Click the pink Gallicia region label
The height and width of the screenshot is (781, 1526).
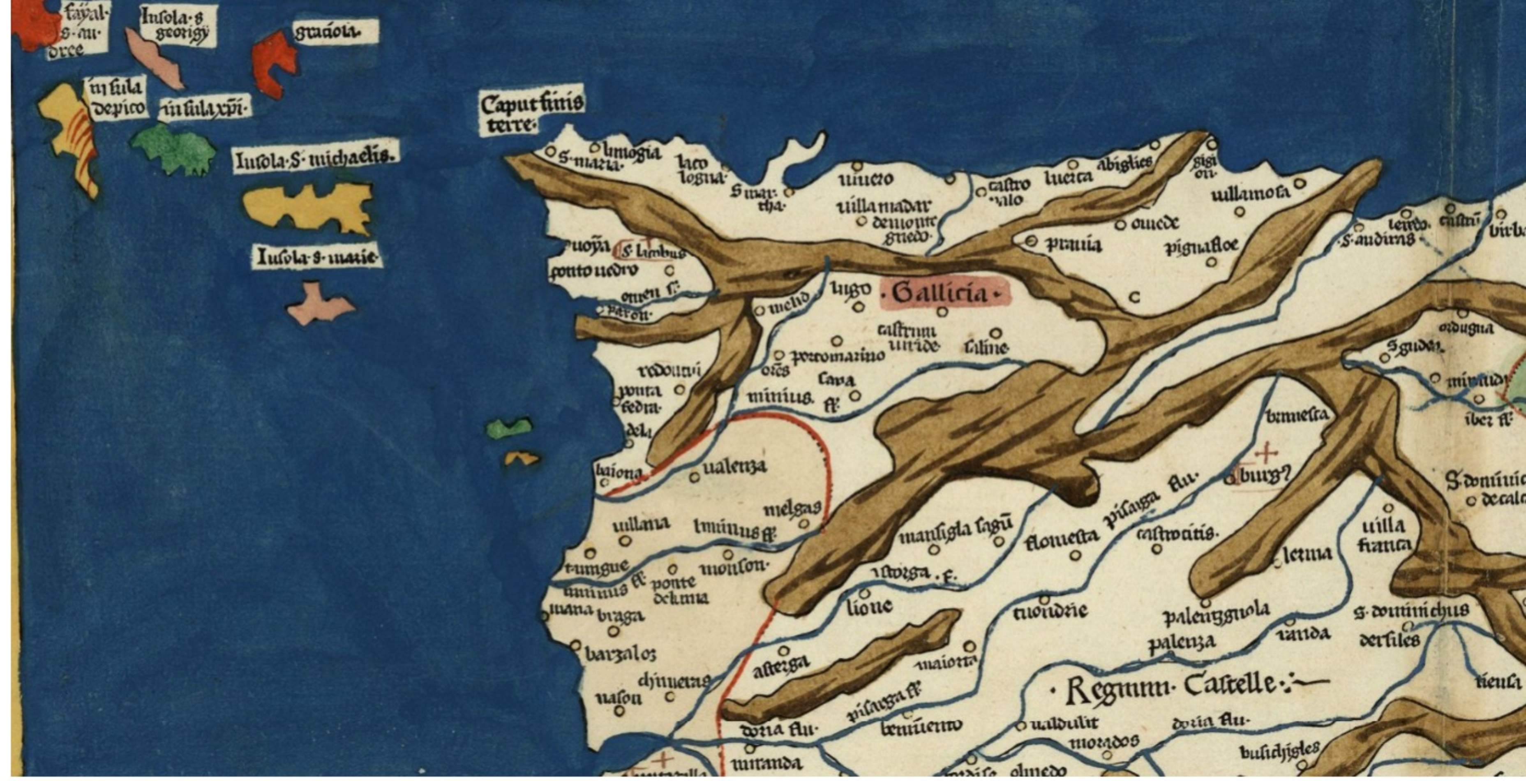[944, 293]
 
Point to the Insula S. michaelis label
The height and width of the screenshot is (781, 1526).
[314, 158]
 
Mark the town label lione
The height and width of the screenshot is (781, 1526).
[869, 606]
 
